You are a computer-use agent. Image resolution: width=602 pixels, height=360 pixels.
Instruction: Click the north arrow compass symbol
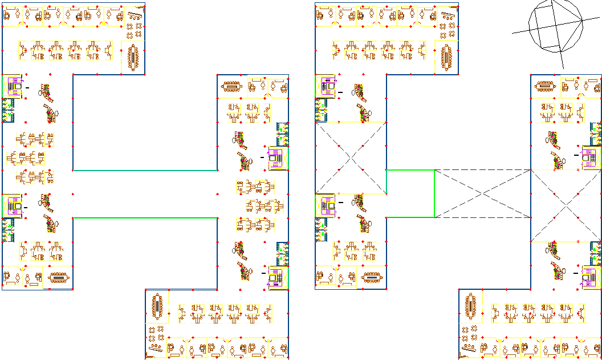(556, 26)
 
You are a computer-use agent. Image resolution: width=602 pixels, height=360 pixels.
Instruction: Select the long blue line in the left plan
(145, 170)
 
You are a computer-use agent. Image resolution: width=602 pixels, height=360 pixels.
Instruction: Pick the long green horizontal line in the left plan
(145, 217)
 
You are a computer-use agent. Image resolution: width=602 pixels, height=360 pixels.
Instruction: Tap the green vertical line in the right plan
(434, 193)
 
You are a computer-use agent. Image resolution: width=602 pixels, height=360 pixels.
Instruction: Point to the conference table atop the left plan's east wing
(231, 86)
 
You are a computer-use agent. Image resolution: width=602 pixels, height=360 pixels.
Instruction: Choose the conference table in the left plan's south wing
(157, 307)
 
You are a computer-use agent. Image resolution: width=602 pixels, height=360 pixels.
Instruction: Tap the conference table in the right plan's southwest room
(372, 278)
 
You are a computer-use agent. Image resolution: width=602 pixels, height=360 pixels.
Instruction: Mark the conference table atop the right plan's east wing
(545, 86)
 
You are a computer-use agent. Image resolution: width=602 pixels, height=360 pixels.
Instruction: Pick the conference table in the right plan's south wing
(471, 307)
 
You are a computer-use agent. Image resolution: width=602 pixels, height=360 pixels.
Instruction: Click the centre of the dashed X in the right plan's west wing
(351, 158)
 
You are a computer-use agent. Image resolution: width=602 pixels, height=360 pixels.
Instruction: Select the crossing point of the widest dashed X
(483, 193)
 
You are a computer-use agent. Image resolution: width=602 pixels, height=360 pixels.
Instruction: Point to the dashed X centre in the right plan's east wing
(566, 205)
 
